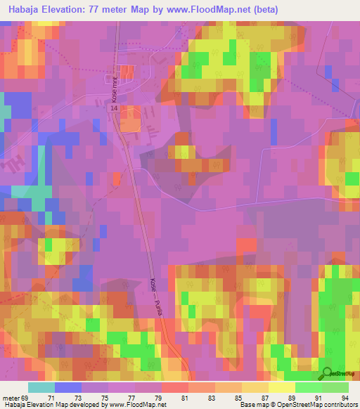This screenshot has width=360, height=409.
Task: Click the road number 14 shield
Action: tap(114, 109)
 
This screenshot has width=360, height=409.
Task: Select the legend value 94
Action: tap(335, 397)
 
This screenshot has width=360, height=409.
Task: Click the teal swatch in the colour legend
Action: tap(41, 387)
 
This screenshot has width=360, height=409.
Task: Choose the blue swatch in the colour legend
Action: tap(67, 387)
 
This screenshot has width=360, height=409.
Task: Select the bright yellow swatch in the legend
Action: tap(281, 387)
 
